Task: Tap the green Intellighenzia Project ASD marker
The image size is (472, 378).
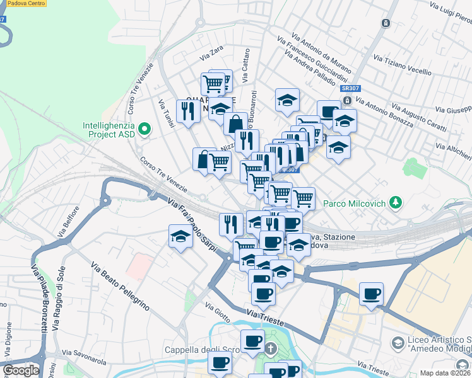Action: (x=145, y=130)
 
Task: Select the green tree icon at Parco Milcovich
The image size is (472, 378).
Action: (x=396, y=203)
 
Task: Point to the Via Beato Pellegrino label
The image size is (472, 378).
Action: (x=120, y=287)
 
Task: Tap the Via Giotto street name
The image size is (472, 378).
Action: (x=218, y=309)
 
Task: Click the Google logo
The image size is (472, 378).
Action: (x=21, y=370)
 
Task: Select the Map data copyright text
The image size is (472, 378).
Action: (x=445, y=373)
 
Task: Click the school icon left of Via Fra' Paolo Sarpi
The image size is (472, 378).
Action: (x=180, y=236)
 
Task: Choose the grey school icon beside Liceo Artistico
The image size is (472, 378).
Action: (x=398, y=343)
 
